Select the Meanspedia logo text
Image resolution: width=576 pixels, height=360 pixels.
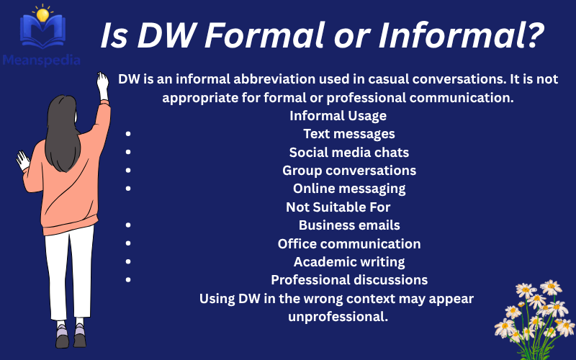[41, 60]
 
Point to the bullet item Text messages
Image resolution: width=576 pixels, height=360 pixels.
[348, 134]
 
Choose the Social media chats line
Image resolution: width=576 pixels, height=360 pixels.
[348, 152]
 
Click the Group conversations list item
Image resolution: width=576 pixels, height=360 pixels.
[348, 171]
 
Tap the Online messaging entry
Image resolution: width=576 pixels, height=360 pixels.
[348, 189]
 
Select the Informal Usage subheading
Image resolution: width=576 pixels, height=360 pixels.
[338, 116]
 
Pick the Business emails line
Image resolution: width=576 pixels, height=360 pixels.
[348, 225]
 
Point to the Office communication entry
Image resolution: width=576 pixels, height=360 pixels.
[348, 243]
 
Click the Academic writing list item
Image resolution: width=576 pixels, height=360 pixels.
[348, 262]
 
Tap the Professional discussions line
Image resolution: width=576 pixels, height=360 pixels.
[348, 280]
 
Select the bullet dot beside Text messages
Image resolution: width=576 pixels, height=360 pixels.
[127, 135]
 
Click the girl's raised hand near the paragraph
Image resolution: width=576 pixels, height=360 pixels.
[102, 84]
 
